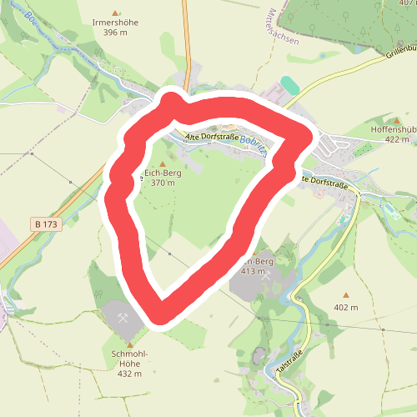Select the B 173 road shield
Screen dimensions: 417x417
(x=48, y=224)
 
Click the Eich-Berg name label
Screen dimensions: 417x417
(x=163, y=173)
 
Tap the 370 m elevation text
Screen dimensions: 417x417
(x=163, y=183)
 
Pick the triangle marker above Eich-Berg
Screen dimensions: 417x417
(x=163, y=163)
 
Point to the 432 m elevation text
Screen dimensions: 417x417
(x=129, y=374)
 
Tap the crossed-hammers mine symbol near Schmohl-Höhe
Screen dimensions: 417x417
(x=122, y=318)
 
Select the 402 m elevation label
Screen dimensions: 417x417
(x=345, y=307)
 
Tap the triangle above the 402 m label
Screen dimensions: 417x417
(x=346, y=295)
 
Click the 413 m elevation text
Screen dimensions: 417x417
(x=253, y=272)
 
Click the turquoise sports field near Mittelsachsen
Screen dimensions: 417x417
(x=290, y=85)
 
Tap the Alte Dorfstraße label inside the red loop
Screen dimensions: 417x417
(x=212, y=136)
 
